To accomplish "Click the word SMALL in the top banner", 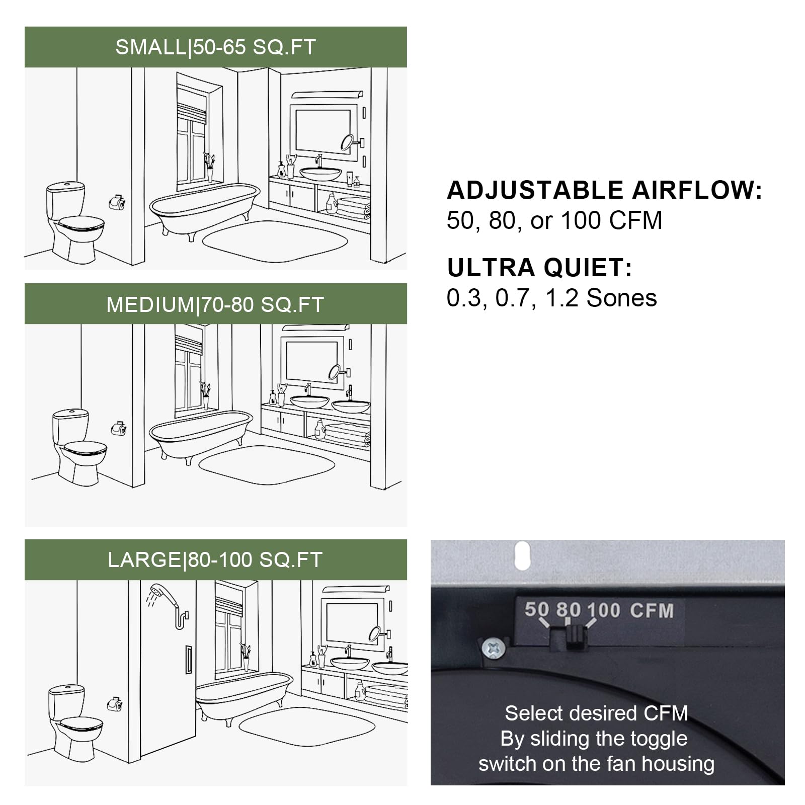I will (x=150, y=47).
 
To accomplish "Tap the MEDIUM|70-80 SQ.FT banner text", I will (x=215, y=305).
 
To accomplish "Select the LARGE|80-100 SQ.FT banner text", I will (x=215, y=560).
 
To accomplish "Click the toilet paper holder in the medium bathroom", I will (x=118, y=428).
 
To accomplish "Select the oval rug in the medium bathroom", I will (x=267, y=462).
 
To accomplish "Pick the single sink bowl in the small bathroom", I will (x=320, y=174).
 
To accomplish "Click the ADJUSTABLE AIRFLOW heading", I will (x=604, y=191).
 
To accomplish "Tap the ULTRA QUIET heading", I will (x=539, y=268).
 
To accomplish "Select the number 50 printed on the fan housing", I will (x=536, y=609).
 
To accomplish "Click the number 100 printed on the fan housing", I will (x=603, y=610).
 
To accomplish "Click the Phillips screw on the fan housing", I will (x=492, y=648).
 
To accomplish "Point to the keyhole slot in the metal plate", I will (x=523, y=555).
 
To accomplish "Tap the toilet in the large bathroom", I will (x=73, y=722).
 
